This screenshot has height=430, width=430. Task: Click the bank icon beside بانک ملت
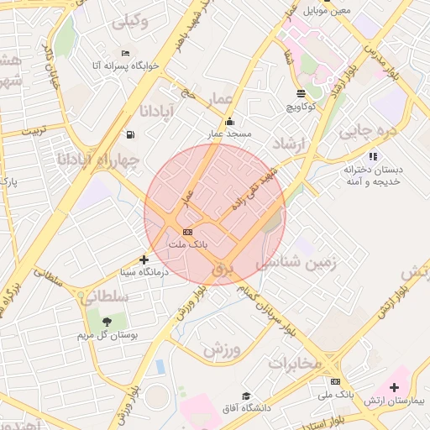187,232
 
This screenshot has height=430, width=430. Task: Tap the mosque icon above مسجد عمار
230,122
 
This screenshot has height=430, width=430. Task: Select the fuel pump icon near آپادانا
129,134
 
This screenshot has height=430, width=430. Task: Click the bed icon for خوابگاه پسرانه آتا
125,54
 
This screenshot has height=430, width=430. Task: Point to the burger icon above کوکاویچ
302,93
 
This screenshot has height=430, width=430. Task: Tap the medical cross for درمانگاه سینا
144,260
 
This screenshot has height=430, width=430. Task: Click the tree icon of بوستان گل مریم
107,321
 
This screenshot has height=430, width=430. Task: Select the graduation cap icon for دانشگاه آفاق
247,396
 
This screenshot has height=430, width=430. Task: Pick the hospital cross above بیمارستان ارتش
394,387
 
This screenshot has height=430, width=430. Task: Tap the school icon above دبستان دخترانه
373,156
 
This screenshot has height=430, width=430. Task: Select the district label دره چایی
366,132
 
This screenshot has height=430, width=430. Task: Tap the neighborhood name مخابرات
295,364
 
